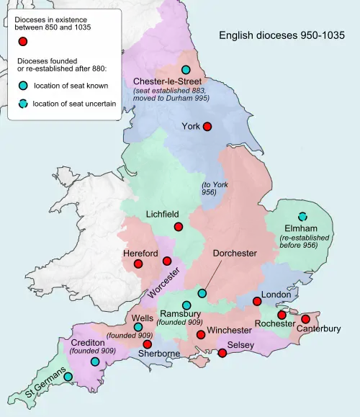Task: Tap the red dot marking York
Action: (x=207, y=126)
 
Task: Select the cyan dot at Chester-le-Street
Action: (x=186, y=70)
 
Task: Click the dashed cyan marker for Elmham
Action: (x=303, y=216)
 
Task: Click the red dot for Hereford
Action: (x=138, y=264)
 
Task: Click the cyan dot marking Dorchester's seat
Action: (x=202, y=293)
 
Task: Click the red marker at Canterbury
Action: (x=305, y=318)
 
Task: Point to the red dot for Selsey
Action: (x=222, y=353)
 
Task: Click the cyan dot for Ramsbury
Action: (x=186, y=305)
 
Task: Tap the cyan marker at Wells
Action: (x=138, y=327)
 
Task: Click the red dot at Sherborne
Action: (x=148, y=344)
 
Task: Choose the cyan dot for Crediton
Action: (x=95, y=361)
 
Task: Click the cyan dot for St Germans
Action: (x=68, y=376)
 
